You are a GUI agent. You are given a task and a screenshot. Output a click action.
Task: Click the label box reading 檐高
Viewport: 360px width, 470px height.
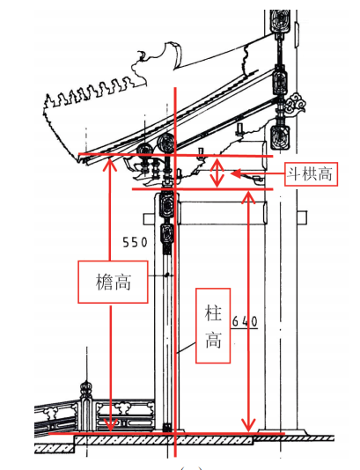click(x=113, y=282)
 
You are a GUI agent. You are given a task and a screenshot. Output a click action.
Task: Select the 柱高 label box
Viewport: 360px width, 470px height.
click(x=213, y=326)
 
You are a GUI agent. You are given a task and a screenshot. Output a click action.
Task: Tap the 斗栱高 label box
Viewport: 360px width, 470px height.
click(x=311, y=174)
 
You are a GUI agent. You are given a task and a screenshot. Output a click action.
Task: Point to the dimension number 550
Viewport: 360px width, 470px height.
click(x=136, y=242)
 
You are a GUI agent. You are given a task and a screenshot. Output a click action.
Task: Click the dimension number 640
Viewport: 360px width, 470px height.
click(x=245, y=321)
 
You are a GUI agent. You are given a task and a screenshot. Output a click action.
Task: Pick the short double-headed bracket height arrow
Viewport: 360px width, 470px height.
click(x=217, y=173)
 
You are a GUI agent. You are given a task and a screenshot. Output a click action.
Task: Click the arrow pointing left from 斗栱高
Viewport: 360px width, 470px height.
click(x=257, y=173)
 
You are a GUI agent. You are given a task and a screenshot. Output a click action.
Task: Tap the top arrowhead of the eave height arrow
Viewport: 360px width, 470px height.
click(x=110, y=164)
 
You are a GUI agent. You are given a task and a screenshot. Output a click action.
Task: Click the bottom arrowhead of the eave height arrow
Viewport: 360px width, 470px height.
click(x=111, y=424)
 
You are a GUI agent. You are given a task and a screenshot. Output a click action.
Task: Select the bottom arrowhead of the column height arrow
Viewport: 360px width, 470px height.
click(x=248, y=425)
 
